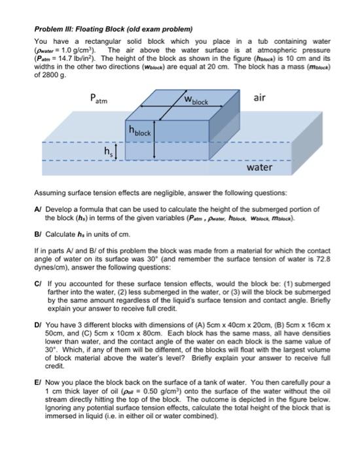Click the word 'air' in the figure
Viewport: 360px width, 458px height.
point(259,97)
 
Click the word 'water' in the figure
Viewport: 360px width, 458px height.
point(259,168)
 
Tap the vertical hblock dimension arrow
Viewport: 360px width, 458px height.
point(154,138)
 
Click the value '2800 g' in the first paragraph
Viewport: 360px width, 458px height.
point(55,75)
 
